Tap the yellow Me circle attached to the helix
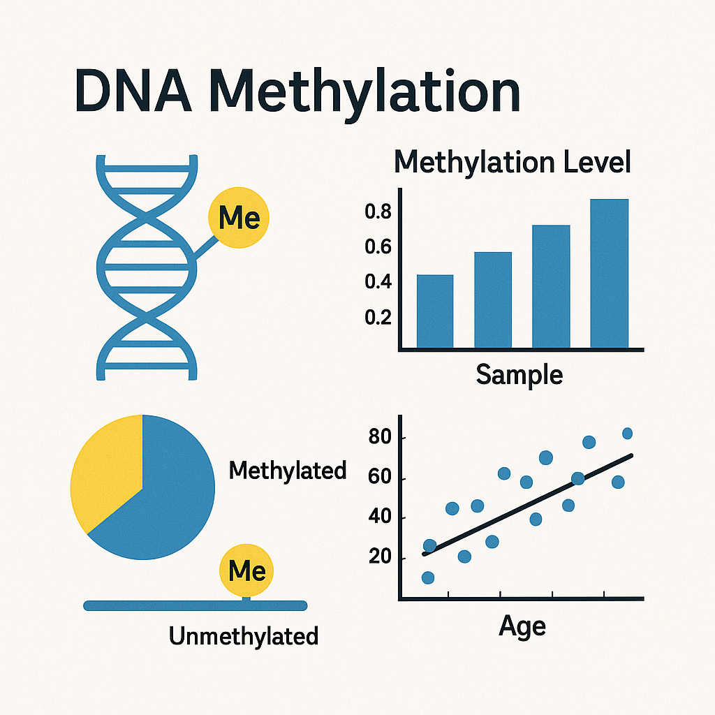tap(239, 218)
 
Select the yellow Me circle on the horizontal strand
tap(246, 570)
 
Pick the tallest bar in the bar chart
tap(609, 274)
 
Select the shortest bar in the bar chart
tap(435, 311)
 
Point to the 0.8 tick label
tap(378, 212)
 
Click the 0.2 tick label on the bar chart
tap(378, 317)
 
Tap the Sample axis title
tap(519, 375)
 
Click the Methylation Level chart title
tap(512, 162)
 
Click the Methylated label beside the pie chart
tap(287, 471)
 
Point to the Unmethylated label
tap(244, 635)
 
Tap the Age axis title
tap(522, 627)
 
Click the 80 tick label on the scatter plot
tap(380, 437)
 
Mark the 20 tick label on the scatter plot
tap(380, 556)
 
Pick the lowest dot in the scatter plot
tap(428, 577)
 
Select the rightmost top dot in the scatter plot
tap(628, 433)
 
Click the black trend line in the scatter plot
tap(528, 504)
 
